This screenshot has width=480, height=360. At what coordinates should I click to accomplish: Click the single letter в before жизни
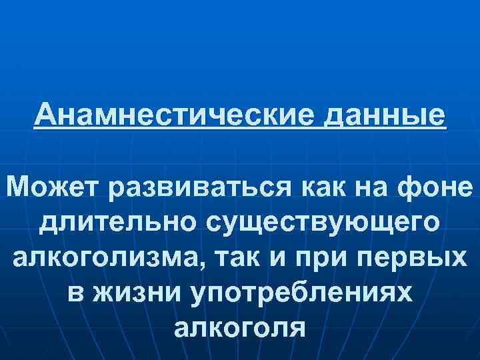click(x=75, y=294)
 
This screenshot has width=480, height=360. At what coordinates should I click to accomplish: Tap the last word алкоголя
click(x=239, y=329)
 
